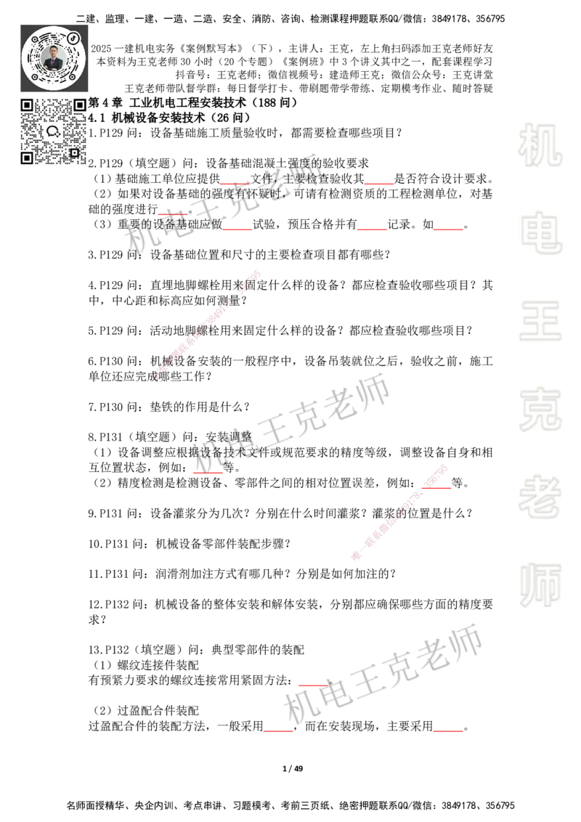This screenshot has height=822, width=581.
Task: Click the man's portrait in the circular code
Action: coord(54,57)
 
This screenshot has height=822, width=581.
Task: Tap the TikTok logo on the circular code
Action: coord(73,37)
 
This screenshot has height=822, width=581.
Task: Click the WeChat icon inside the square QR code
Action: coord(53,131)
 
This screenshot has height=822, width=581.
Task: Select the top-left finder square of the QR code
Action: coord(26,105)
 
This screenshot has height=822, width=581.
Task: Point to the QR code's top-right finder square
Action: coord(80,105)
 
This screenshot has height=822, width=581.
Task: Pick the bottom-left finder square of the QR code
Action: coord(26,158)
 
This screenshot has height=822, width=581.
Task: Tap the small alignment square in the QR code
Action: coord(74,152)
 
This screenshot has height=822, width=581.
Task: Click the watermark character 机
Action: coord(540,145)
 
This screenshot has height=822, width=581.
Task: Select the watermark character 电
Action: coord(543,232)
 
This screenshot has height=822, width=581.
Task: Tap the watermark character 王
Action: coord(540,322)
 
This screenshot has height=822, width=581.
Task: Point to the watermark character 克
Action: coord(540,410)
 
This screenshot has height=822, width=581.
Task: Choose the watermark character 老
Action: coord(540,497)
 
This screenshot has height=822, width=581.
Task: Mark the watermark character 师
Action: coord(540,586)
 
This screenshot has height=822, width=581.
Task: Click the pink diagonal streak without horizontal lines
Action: coord(206,325)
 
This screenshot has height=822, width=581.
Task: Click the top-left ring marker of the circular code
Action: coord(34,38)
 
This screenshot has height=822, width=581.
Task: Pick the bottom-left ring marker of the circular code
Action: coord(34,76)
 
